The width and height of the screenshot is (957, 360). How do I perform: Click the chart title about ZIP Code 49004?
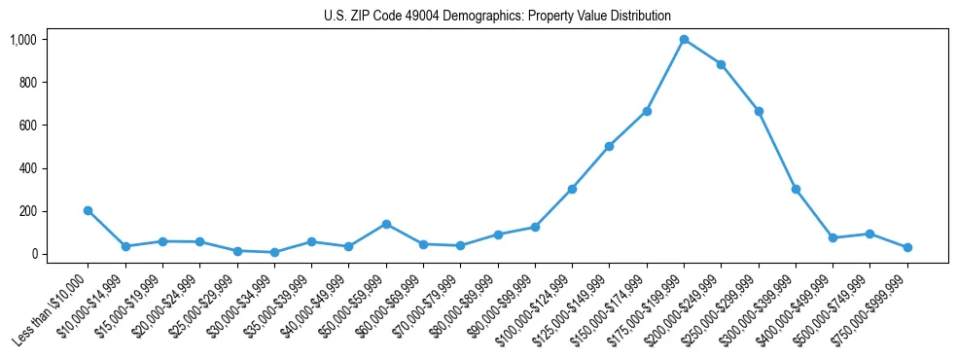tap(497, 16)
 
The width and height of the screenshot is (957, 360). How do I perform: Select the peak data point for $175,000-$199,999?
tap(684, 40)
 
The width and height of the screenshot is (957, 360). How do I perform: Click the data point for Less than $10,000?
tap(88, 210)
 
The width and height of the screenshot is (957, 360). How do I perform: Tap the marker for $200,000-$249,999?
tap(721, 64)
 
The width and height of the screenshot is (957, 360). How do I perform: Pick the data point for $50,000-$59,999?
tap(386, 224)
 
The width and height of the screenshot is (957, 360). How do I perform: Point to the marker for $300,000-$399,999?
tap(796, 189)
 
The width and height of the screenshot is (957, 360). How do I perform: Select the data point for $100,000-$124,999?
tap(572, 189)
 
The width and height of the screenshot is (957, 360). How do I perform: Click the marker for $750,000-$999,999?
tap(907, 247)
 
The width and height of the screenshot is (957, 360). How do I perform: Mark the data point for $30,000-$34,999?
tap(274, 252)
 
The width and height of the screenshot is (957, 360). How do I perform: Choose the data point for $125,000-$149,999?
tap(609, 146)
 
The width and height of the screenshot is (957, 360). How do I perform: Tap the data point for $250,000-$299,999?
tap(759, 111)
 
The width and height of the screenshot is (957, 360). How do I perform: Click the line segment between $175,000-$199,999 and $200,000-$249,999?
tap(702, 53)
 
